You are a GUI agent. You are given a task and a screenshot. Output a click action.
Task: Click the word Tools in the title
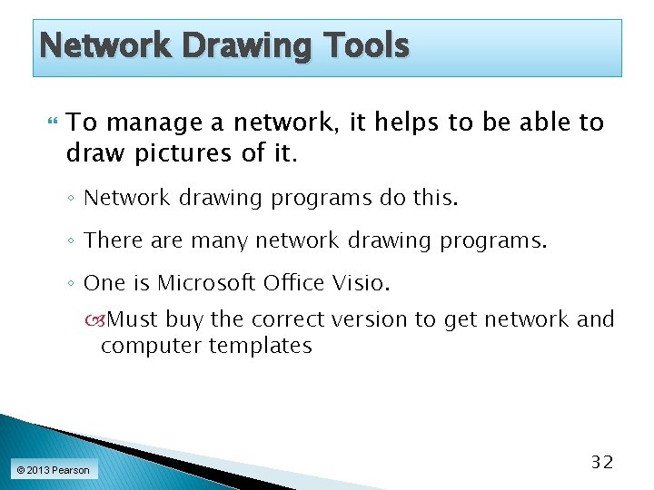[365, 44]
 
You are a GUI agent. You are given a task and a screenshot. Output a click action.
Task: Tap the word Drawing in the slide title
[238, 45]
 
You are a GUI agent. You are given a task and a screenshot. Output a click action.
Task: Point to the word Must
[132, 319]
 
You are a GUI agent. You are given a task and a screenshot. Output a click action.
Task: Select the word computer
[151, 346]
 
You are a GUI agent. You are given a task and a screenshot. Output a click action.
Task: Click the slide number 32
[602, 462]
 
